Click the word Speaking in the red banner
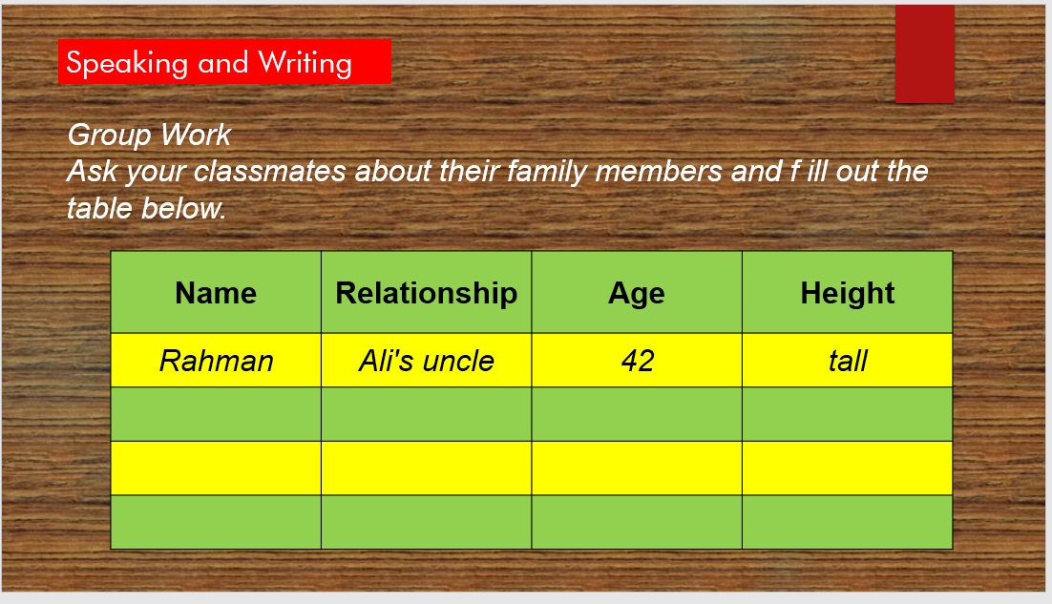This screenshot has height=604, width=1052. pos(127,63)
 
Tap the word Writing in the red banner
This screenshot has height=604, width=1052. pos(305,63)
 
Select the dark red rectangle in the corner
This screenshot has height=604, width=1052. pos(924,53)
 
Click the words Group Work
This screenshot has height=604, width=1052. pos(149,135)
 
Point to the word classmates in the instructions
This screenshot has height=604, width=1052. pos(270,171)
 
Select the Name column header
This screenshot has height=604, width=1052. pos(216,292)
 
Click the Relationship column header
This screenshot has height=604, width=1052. pos(426,292)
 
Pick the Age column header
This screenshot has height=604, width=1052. pos(637,292)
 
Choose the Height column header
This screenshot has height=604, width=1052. pos(848,292)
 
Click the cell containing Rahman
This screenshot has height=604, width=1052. pos(216,360)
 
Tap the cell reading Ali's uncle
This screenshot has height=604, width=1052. pos(426,360)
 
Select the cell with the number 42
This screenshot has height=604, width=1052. pos(637,360)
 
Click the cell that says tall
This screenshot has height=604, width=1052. pos(848,360)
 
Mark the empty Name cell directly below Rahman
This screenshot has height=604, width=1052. pos(216,414)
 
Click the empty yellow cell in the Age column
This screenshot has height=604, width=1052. pos(637,469)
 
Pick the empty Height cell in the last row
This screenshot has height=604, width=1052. pos(848,522)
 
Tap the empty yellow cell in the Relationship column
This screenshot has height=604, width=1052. pos(426,469)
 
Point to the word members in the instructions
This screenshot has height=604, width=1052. pos(658,171)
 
